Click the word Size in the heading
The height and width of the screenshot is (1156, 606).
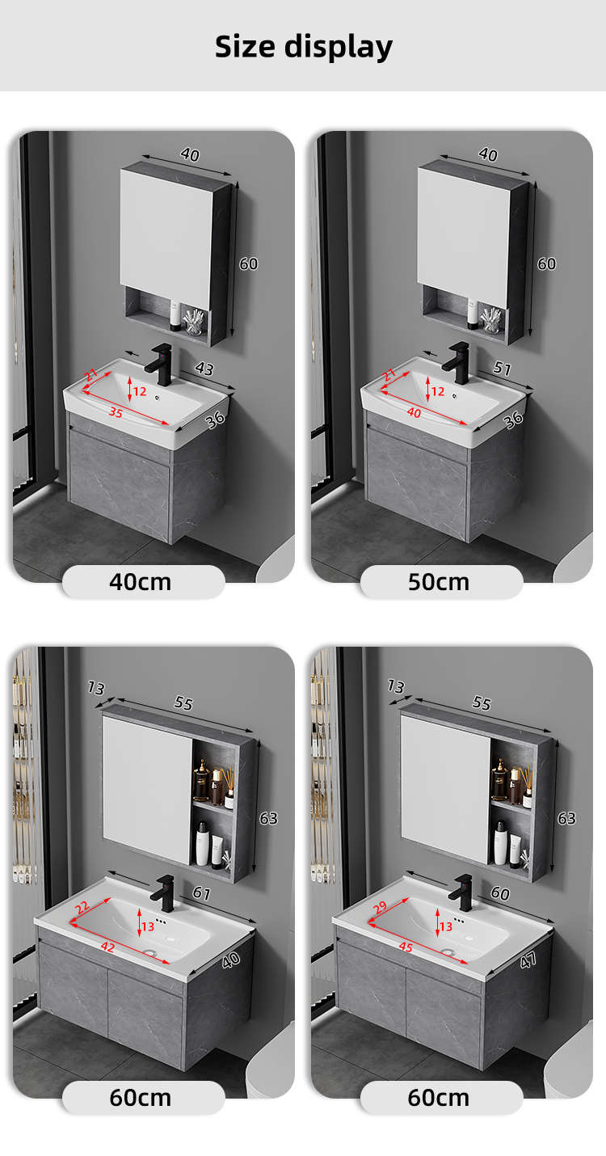pyautogui.click(x=245, y=46)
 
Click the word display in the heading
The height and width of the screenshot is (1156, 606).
pyautogui.click(x=339, y=48)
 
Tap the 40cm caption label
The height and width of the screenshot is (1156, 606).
pyautogui.click(x=141, y=582)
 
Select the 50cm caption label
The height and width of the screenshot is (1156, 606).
pyautogui.click(x=439, y=582)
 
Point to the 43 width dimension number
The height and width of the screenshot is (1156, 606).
pyautogui.click(x=204, y=369)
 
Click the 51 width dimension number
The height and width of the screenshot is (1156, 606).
pyautogui.click(x=502, y=368)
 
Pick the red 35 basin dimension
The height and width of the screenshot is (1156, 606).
pyautogui.click(x=116, y=412)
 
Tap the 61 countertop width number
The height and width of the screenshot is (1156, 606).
pyautogui.click(x=201, y=893)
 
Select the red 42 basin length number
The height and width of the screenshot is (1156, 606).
pyautogui.click(x=107, y=946)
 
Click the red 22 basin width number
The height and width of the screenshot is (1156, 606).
pyautogui.click(x=82, y=907)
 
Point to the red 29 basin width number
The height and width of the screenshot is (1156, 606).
pyautogui.click(x=380, y=907)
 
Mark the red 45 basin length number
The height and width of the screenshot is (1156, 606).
pyautogui.click(x=406, y=947)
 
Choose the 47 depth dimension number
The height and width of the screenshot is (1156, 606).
pyautogui.click(x=528, y=960)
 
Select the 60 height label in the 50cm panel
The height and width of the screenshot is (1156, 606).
pyautogui.click(x=547, y=264)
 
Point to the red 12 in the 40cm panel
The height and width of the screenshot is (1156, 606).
pyautogui.click(x=140, y=391)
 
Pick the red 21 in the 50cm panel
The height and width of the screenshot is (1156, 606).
pyautogui.click(x=389, y=374)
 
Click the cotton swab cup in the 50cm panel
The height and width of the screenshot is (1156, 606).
pyautogui.click(x=490, y=320)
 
